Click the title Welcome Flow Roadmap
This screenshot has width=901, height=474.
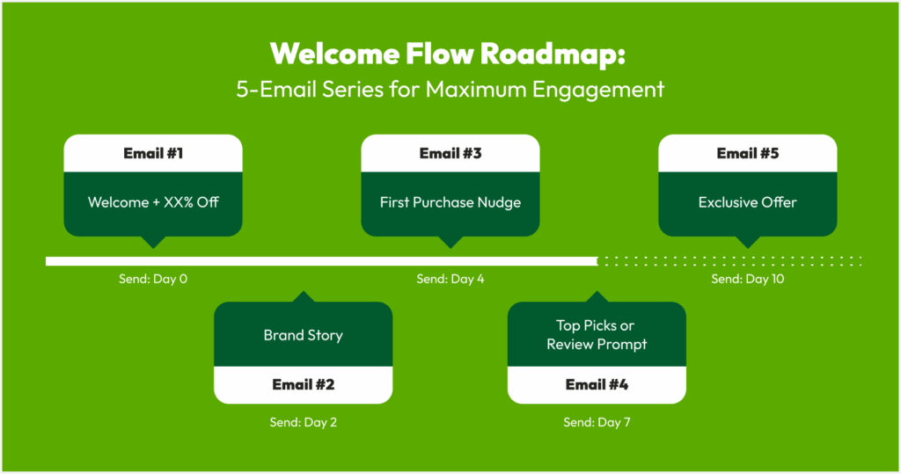tap(448, 54)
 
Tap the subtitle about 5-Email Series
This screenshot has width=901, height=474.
tap(450, 90)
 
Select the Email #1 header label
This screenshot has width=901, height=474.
tap(153, 153)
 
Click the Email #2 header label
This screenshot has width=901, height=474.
tap(304, 384)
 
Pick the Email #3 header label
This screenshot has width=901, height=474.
tap(450, 153)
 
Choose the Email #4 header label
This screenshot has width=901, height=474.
tap(597, 384)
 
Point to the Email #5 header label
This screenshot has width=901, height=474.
tap(748, 153)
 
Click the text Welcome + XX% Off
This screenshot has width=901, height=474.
tap(153, 202)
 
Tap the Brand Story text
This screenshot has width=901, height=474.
tap(304, 335)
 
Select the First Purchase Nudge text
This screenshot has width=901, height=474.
tap(450, 202)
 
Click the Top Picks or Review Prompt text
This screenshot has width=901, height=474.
tap(597, 334)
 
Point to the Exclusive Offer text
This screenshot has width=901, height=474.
tap(748, 202)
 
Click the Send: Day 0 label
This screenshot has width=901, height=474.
tap(153, 279)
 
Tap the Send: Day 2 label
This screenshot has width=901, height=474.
tap(304, 422)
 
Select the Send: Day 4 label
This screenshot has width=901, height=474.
tap(450, 279)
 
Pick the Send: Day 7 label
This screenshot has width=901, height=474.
tap(597, 422)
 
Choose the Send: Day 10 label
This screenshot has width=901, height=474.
tap(748, 279)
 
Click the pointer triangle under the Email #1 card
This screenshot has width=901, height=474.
tap(153, 241)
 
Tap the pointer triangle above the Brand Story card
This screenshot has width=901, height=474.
tap(304, 297)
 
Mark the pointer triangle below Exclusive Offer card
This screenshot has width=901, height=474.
tap(748, 241)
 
